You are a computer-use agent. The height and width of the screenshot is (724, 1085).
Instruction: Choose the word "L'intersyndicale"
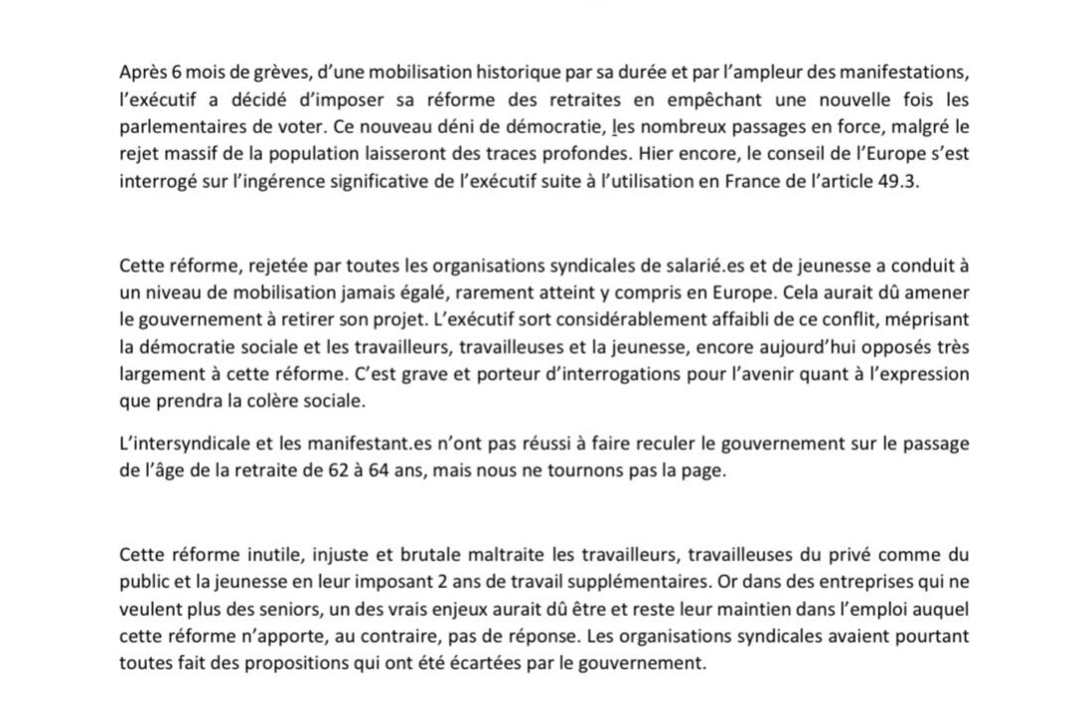tap(179, 443)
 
